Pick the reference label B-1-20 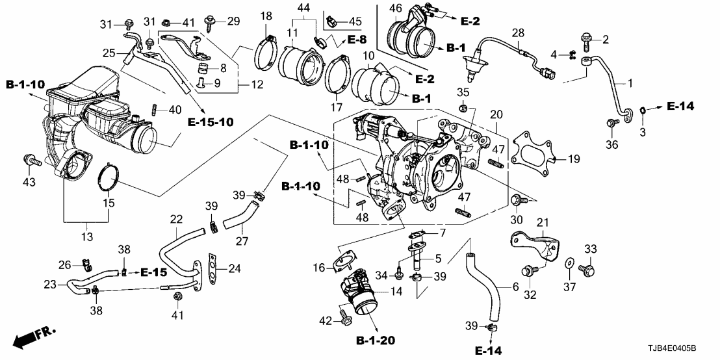pyautogui.click(x=376, y=340)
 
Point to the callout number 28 pyautogui.click(x=518, y=32)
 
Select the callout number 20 pyautogui.click(x=497, y=114)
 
